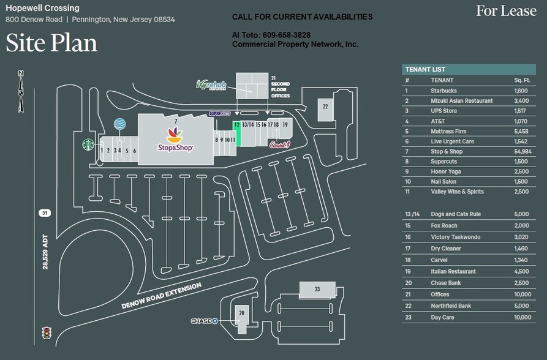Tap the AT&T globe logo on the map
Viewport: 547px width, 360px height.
119,124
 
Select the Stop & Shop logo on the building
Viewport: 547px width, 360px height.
175,140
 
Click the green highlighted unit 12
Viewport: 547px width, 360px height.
236,132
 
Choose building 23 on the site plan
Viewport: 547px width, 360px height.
317,289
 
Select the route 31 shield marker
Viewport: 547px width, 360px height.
44,212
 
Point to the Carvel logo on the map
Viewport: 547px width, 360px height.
279,144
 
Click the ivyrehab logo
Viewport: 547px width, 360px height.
211,85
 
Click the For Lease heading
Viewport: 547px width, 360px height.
506,10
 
